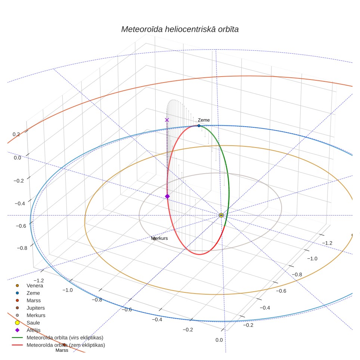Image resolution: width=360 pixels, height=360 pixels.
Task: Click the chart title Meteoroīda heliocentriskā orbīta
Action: pyautogui.click(x=180, y=30)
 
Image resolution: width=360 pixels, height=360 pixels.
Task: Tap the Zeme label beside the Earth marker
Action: pyautogui.click(x=204, y=120)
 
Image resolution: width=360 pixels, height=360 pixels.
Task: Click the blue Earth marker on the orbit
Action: pyautogui.click(x=199, y=126)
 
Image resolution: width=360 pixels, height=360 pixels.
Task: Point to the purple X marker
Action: pyautogui.click(x=167, y=120)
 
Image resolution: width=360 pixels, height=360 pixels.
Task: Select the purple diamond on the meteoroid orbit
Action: pyautogui.click(x=167, y=196)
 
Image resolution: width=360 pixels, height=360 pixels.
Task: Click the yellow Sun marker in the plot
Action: pyautogui.click(x=221, y=215)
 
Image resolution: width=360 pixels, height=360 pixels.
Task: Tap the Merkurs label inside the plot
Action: pyautogui.click(x=159, y=238)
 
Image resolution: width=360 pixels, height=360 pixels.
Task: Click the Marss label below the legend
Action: pyautogui.click(x=62, y=350)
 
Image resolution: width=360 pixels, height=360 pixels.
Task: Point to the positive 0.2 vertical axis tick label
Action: pyautogui.click(x=16, y=134)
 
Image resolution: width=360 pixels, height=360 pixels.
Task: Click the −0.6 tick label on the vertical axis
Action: pyautogui.click(x=21, y=226)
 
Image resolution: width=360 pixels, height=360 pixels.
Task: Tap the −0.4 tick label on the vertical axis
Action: pyautogui.click(x=20, y=204)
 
